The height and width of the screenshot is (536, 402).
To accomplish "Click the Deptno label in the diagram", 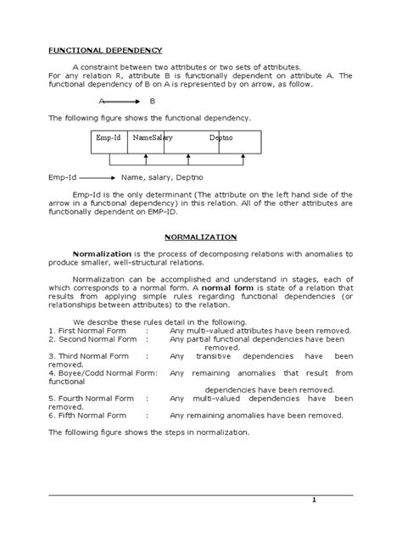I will pyautogui.click(x=223, y=137).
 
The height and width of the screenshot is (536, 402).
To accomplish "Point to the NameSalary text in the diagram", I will pyautogui.click(x=154, y=137).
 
